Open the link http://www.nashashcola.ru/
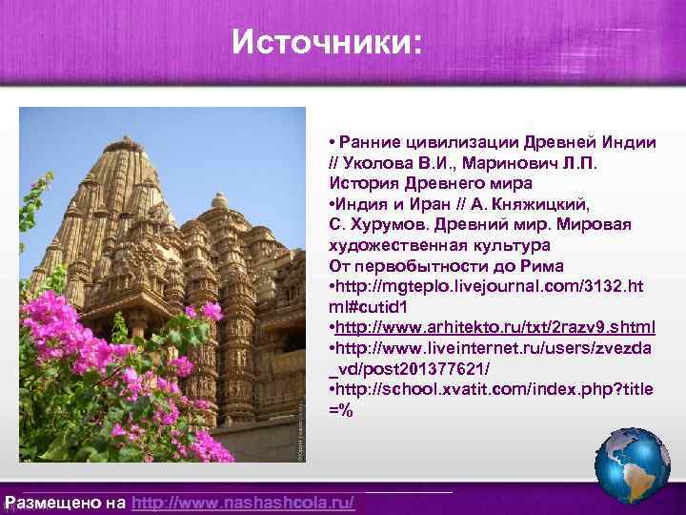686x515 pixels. pyautogui.click(x=243, y=503)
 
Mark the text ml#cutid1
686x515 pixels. pyautogui.click(x=370, y=307)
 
